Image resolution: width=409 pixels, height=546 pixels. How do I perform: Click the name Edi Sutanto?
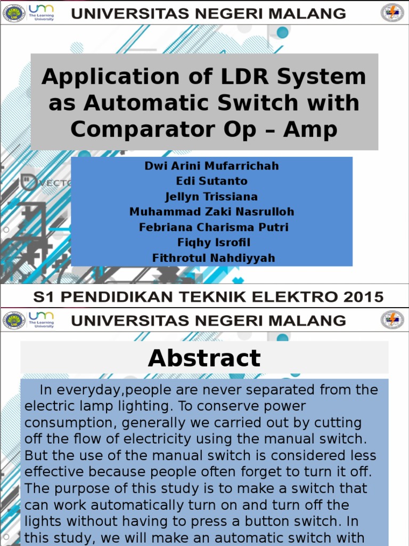point(211,181)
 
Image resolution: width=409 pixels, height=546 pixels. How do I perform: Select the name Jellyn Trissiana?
point(211,197)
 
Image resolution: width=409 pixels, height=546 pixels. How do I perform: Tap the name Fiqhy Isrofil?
point(211,243)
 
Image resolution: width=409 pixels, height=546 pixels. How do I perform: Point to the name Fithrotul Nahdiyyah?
point(214,258)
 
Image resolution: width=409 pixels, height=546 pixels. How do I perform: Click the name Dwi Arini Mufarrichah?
point(211,166)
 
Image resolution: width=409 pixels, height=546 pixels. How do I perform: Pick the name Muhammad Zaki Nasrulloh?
point(211,212)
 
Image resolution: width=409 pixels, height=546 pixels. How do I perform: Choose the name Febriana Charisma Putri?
point(214,227)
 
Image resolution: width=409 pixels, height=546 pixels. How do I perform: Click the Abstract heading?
point(204,358)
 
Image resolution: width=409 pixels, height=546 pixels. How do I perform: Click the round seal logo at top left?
point(14,13)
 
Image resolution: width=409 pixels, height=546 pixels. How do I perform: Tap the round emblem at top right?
point(392,13)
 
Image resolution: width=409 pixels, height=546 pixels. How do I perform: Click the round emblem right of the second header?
point(392,320)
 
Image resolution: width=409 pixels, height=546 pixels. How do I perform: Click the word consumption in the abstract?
point(66,423)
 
